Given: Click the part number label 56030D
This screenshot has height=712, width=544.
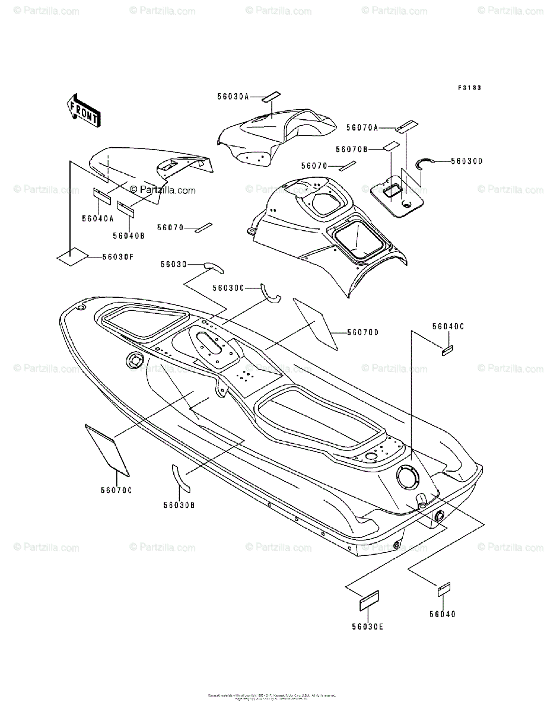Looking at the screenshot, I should pos(467,160).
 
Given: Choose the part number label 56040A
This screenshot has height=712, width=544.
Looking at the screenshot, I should pos(98,218).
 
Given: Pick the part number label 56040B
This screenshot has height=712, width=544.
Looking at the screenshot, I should pos(129,236).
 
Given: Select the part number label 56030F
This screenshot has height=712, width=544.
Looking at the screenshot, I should pos(117,256).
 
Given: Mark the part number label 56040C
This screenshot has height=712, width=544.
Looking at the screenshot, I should pos(448,326).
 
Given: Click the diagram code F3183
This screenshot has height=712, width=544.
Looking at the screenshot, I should pos(469,87).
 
